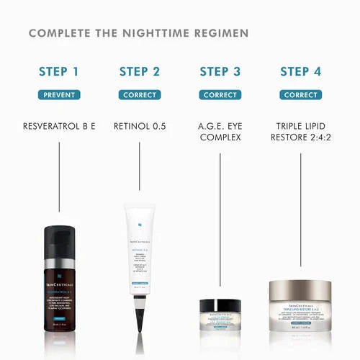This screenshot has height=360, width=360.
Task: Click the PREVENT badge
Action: point(59,95)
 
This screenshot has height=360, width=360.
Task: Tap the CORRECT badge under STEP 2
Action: point(140,95)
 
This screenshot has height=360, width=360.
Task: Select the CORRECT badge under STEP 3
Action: point(220,95)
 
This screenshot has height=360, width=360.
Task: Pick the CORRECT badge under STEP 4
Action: point(301,95)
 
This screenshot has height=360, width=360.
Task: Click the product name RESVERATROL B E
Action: point(59,127)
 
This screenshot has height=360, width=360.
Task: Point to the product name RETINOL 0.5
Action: point(140,127)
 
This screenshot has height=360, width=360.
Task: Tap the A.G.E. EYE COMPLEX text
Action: point(220,132)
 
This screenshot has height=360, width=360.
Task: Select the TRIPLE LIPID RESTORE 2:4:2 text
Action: point(301,132)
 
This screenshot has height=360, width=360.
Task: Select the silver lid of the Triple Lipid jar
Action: point(301,288)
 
